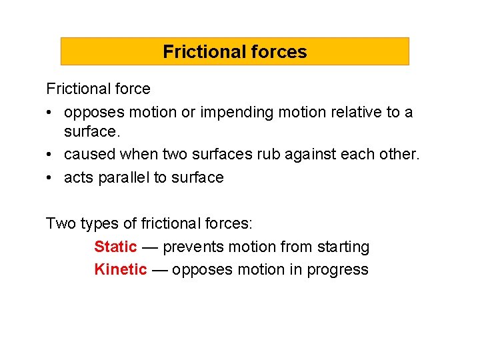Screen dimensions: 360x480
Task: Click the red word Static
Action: pos(115,247)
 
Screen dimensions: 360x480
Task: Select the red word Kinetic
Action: pos(120,269)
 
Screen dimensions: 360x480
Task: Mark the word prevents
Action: pos(193,247)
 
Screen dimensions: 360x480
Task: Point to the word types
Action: pos(95,223)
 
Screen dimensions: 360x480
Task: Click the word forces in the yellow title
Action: pos(279,51)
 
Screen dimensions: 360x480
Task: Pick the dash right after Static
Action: pos(150,247)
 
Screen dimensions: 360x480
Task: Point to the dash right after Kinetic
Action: pos(159,269)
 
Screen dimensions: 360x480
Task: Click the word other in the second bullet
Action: pos(401,155)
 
